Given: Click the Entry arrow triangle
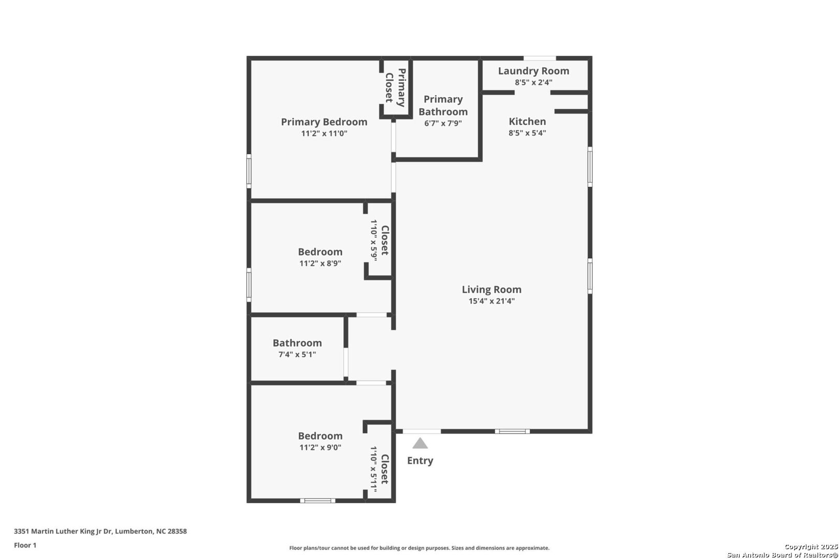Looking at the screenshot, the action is (420, 443).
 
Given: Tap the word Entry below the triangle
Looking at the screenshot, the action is (420, 461).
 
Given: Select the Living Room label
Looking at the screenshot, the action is (491, 289).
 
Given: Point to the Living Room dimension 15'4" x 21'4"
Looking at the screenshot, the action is (491, 301).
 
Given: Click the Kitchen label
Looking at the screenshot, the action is (527, 121).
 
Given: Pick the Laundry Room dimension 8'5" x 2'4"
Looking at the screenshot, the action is (533, 82).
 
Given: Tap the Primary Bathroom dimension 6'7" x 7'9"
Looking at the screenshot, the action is (443, 123).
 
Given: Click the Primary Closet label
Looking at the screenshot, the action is (396, 87).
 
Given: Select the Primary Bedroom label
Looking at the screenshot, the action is (324, 122).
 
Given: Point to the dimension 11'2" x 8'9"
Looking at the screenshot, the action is (320, 263).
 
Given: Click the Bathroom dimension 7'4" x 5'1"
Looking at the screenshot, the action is (297, 354).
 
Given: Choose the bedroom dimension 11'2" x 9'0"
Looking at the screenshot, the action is (320, 447).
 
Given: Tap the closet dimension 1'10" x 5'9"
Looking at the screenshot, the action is (373, 240).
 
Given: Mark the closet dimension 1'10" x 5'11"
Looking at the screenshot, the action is (373, 469).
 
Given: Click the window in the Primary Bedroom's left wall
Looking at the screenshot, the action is (249, 171).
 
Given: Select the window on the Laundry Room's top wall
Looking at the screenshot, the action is (539, 58).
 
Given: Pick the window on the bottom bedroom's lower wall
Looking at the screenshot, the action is (317, 501).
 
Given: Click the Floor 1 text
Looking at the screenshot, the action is (25, 545).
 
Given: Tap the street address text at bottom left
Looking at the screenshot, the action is (100, 531).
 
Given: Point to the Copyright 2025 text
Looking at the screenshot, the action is (811, 547).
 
